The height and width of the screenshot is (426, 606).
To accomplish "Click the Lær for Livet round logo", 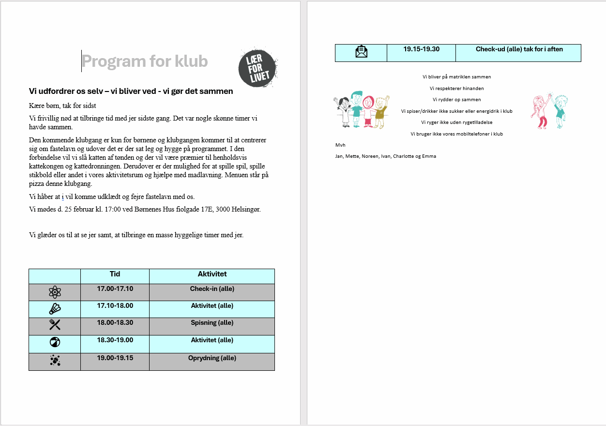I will pyautogui.click(x=258, y=68).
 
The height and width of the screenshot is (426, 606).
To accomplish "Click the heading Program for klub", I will pyautogui.click(x=145, y=61).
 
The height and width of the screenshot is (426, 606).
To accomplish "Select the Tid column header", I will pyautogui.click(x=115, y=274).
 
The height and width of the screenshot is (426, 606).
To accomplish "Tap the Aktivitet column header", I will pyautogui.click(x=212, y=274).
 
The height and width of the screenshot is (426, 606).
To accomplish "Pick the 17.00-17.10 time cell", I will pyautogui.click(x=115, y=289).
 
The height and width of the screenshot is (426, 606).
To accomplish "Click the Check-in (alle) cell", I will pyautogui.click(x=212, y=289).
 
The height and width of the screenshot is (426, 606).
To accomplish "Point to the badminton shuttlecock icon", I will pyautogui.click(x=55, y=309).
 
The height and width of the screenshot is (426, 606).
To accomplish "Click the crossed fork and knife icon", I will pyautogui.click(x=55, y=325).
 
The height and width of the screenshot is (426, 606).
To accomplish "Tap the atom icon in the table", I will pyautogui.click(x=55, y=292).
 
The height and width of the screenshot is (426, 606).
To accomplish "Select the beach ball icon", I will pyautogui.click(x=55, y=342).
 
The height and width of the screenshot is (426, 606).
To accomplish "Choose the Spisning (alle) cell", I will pyautogui.click(x=212, y=323).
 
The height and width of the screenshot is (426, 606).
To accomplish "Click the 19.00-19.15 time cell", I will pyautogui.click(x=115, y=358).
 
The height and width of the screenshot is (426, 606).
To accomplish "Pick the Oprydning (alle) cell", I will pyautogui.click(x=212, y=358).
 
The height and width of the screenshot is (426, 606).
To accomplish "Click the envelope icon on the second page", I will pyautogui.click(x=361, y=52).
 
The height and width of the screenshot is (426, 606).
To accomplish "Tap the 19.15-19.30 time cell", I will pyautogui.click(x=421, y=49).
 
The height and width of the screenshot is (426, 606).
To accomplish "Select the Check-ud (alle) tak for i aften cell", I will pyautogui.click(x=519, y=49).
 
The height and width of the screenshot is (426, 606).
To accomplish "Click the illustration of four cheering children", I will pyautogui.click(x=362, y=110).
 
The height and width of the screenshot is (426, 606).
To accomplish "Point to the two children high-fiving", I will pyautogui.click(x=549, y=111).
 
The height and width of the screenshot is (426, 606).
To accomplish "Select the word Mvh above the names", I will pyautogui.click(x=340, y=145).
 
